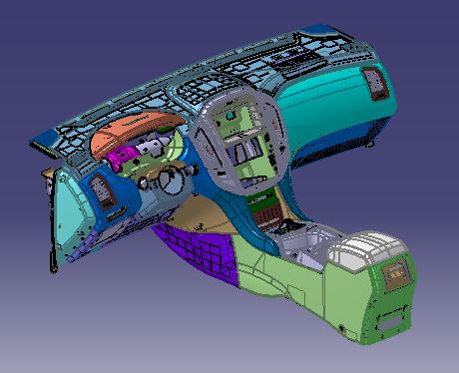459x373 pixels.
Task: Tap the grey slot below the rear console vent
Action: pyautogui.click(x=390, y=321)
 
